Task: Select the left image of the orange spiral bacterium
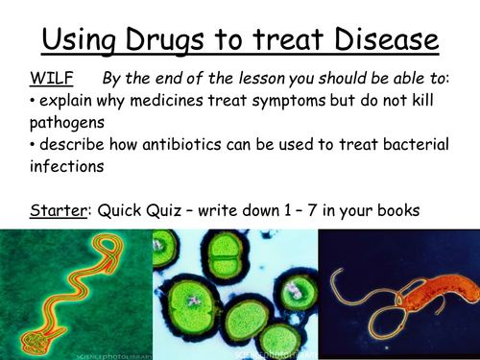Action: pos(76,294)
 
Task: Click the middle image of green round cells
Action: pos(234,294)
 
